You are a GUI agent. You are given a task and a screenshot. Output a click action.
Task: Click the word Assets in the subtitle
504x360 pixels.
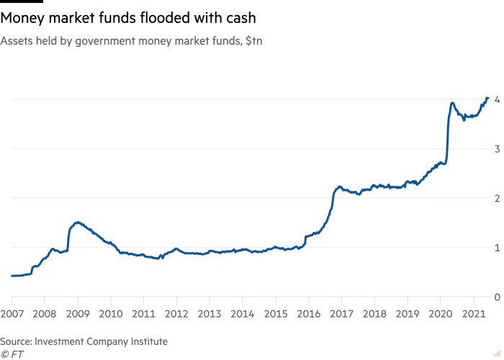tap(14, 42)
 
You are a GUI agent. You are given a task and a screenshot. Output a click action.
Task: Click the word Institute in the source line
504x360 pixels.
tap(149, 341)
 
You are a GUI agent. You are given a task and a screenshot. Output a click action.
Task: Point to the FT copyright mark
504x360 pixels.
tap(10, 354)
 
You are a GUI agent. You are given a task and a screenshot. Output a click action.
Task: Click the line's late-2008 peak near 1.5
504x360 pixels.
tap(77, 222)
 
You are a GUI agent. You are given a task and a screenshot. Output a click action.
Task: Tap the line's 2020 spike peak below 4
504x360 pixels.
tap(451, 103)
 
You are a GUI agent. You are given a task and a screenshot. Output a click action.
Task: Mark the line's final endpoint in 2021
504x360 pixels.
tap(487, 97)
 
